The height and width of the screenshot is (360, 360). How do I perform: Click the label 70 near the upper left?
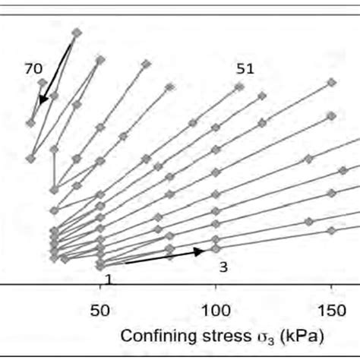point(33,68)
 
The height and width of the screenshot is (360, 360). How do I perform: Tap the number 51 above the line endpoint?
point(245,68)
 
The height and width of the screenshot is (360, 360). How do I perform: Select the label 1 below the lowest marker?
point(108,279)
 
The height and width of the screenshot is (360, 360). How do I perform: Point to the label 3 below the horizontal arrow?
point(223,267)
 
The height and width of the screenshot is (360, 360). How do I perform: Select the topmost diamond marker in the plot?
point(76,32)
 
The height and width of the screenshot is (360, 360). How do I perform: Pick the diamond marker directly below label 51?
point(239,87)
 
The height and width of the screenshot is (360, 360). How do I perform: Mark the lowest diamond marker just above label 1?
point(99,265)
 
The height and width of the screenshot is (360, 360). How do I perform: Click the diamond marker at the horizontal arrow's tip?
point(216,248)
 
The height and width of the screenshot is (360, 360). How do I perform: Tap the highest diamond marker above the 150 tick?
point(331,82)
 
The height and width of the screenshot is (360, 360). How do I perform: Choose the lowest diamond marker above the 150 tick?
point(331,230)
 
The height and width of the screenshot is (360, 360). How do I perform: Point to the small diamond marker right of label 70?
point(43,82)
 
